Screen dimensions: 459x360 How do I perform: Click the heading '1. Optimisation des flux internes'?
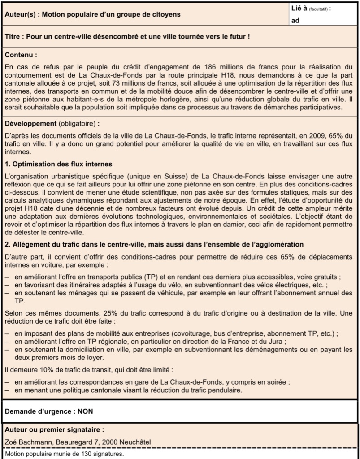[x=58, y=164]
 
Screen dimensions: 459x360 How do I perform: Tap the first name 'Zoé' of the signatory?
[x=11, y=442]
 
